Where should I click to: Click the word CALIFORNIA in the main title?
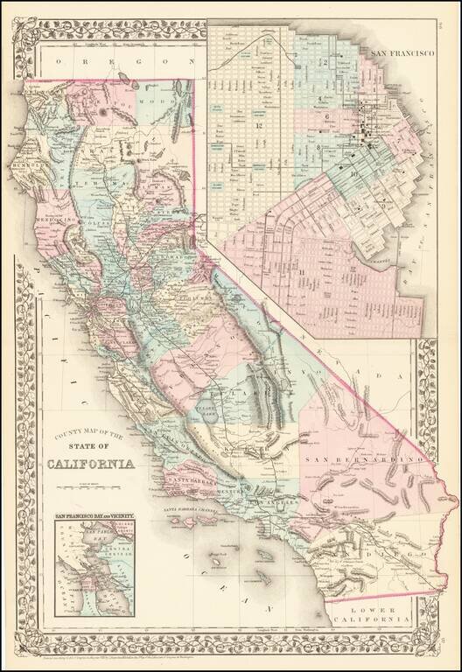coord(91,464)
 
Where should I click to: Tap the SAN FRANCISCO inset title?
coord(403,53)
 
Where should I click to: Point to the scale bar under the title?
coord(91,481)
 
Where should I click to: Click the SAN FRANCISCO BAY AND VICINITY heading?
coord(94,517)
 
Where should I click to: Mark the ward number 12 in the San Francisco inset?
coord(259,128)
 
